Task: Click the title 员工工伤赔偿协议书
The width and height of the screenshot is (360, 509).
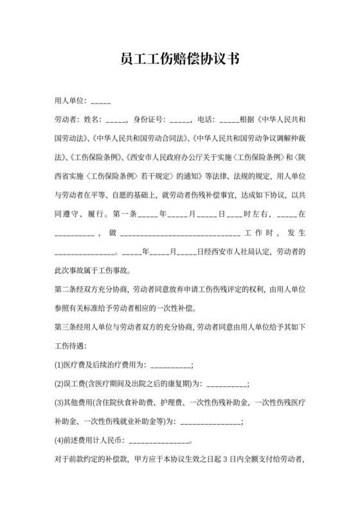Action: click(x=179, y=60)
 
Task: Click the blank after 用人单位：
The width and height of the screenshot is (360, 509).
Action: click(x=102, y=102)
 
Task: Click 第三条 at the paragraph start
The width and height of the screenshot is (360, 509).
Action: click(x=66, y=328)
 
